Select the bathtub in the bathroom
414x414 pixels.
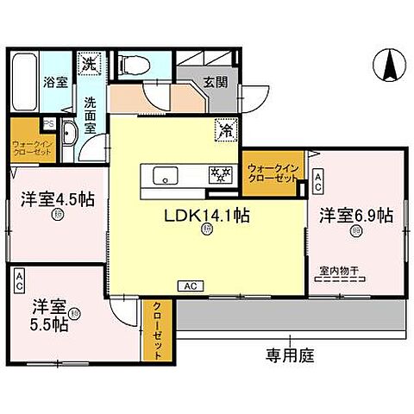25,84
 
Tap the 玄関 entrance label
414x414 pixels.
215,84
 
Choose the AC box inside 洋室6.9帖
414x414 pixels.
318,182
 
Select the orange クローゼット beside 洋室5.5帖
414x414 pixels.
160,329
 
